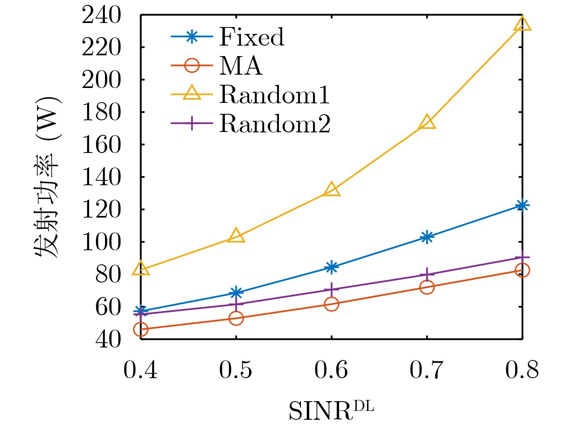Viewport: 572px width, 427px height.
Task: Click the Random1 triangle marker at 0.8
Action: click(522, 24)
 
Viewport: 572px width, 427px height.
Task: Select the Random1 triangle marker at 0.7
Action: click(427, 122)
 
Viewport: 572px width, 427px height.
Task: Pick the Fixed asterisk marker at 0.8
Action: click(522, 206)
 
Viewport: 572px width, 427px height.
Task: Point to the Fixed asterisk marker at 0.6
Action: click(331, 267)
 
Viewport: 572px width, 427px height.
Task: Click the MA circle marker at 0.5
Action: click(236, 318)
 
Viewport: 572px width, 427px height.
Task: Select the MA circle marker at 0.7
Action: click(427, 287)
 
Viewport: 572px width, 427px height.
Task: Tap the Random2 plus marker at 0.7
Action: click(427, 274)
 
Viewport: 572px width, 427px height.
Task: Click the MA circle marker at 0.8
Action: click(522, 270)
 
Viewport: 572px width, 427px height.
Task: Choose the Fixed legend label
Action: click(251, 37)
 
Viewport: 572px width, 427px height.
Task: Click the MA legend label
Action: click(241, 66)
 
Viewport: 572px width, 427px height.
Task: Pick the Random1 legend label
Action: click(274, 95)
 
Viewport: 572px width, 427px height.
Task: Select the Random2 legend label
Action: click(275, 123)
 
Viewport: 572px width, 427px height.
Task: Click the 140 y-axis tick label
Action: click(101, 178)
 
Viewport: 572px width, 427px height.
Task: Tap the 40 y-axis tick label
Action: click(108, 339)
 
